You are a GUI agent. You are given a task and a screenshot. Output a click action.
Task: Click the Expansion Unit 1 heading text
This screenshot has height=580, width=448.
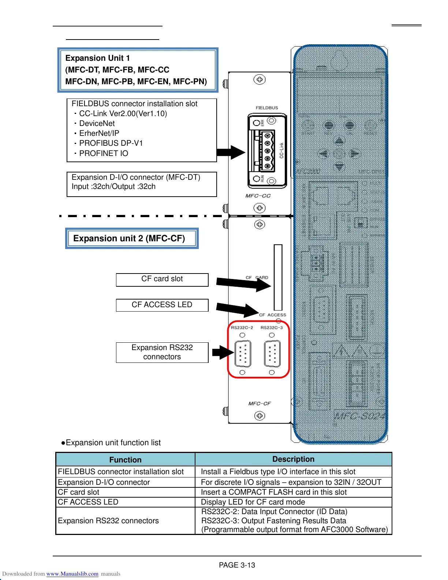click(97, 58)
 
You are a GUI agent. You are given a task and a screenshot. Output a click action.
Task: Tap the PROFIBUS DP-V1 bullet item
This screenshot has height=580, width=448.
click(111, 143)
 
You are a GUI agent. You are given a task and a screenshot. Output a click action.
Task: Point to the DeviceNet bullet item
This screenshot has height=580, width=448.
click(97, 123)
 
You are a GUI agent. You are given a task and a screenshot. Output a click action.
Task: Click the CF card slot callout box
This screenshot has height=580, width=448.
click(162, 279)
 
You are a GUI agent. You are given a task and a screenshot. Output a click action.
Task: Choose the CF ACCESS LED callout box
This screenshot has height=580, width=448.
click(162, 305)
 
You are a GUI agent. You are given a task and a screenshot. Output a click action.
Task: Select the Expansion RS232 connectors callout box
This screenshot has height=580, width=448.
click(162, 352)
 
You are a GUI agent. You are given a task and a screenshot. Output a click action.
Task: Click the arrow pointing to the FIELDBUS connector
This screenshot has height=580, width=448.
click(231, 152)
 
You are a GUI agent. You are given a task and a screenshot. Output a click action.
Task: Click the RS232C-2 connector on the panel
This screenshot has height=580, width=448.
click(242, 353)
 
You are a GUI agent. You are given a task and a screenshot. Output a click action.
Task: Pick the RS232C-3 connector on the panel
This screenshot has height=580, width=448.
click(272, 353)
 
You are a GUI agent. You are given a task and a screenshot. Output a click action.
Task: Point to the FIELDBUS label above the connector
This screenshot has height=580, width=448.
click(267, 108)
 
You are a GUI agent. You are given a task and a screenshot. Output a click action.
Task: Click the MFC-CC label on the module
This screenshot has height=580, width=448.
click(258, 196)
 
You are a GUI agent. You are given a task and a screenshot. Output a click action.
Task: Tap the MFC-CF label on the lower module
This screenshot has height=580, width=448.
click(260, 404)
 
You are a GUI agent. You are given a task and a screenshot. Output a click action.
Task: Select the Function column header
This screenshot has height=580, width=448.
click(125, 460)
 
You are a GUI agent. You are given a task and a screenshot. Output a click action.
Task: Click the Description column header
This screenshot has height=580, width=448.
click(293, 459)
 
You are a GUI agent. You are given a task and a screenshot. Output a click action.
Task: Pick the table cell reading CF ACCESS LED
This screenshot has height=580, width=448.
click(88, 502)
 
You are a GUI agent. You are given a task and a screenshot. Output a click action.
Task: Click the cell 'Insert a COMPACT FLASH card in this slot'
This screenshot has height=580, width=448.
click(274, 492)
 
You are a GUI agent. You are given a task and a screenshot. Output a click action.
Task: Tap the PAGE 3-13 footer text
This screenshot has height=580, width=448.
click(237, 565)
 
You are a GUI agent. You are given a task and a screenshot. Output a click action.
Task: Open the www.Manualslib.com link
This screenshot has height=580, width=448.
click(72, 574)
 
